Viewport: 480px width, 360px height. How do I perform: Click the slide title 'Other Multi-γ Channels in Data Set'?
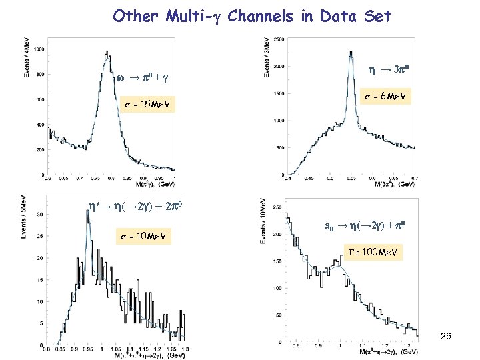pyautogui.click(x=251, y=16)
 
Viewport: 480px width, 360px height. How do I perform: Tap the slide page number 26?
pyautogui.click(x=445, y=337)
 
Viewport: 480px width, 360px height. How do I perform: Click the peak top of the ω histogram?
pyautogui.click(x=106, y=53)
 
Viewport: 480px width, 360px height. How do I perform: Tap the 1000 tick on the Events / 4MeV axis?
pyautogui.click(x=39, y=49)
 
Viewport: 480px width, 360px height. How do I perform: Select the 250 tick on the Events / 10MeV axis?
pyautogui.click(x=278, y=209)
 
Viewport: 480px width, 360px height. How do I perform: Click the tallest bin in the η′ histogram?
pyautogui.click(x=87, y=212)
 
